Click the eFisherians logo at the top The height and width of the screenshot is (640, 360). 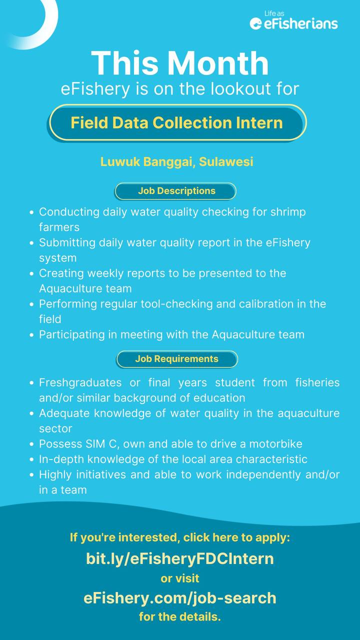tap(293, 21)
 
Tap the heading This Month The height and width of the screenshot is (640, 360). tap(180, 63)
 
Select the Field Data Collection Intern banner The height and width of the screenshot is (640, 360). tap(176, 122)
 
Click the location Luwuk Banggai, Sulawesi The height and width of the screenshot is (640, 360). tap(176, 162)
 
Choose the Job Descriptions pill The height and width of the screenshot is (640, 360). tap(176, 191)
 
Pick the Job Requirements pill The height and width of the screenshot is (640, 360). tap(176, 359)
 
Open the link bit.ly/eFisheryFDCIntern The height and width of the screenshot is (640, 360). tap(180, 558)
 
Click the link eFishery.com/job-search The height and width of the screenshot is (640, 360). tap(180, 598)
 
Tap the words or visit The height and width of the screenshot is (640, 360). tap(180, 578)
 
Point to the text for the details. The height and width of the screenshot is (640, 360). tap(180, 617)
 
